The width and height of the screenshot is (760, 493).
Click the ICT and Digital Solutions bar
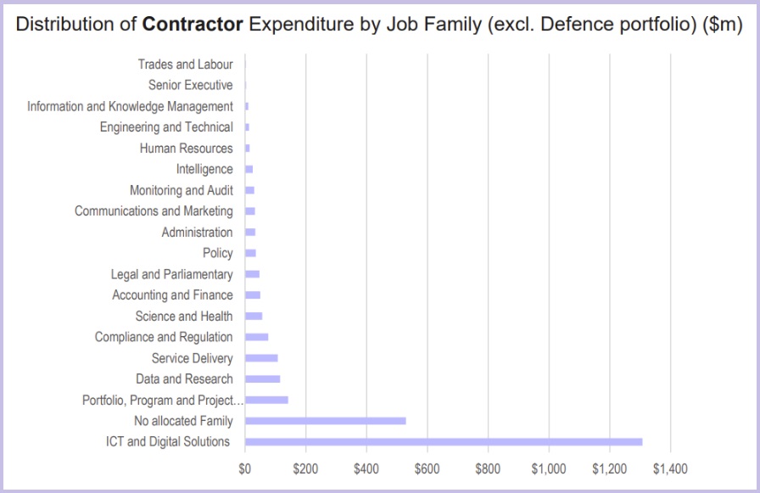tap(443, 441)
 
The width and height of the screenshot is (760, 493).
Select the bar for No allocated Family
tap(325, 421)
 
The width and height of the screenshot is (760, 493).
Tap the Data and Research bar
tap(262, 378)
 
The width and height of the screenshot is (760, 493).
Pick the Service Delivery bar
tap(261, 358)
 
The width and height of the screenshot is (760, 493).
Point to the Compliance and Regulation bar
tap(256, 337)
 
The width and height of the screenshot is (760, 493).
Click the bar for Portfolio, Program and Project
tap(266, 400)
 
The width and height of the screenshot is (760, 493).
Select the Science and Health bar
tap(254, 316)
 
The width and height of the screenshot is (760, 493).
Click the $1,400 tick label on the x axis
tap(670, 468)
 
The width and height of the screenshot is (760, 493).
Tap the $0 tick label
tap(244, 468)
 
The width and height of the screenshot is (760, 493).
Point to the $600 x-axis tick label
tap(427, 468)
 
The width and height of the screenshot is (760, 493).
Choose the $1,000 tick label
tap(549, 468)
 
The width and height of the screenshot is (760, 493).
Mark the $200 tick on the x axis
tap(305, 468)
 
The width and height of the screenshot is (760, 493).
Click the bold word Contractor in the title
tap(193, 25)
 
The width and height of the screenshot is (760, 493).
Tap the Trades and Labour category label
tap(185, 64)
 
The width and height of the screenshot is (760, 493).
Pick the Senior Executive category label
tap(190, 85)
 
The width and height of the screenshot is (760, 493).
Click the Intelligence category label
tap(204, 169)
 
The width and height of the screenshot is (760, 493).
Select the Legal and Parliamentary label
tap(171, 274)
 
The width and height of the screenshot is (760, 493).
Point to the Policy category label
tap(217, 253)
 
